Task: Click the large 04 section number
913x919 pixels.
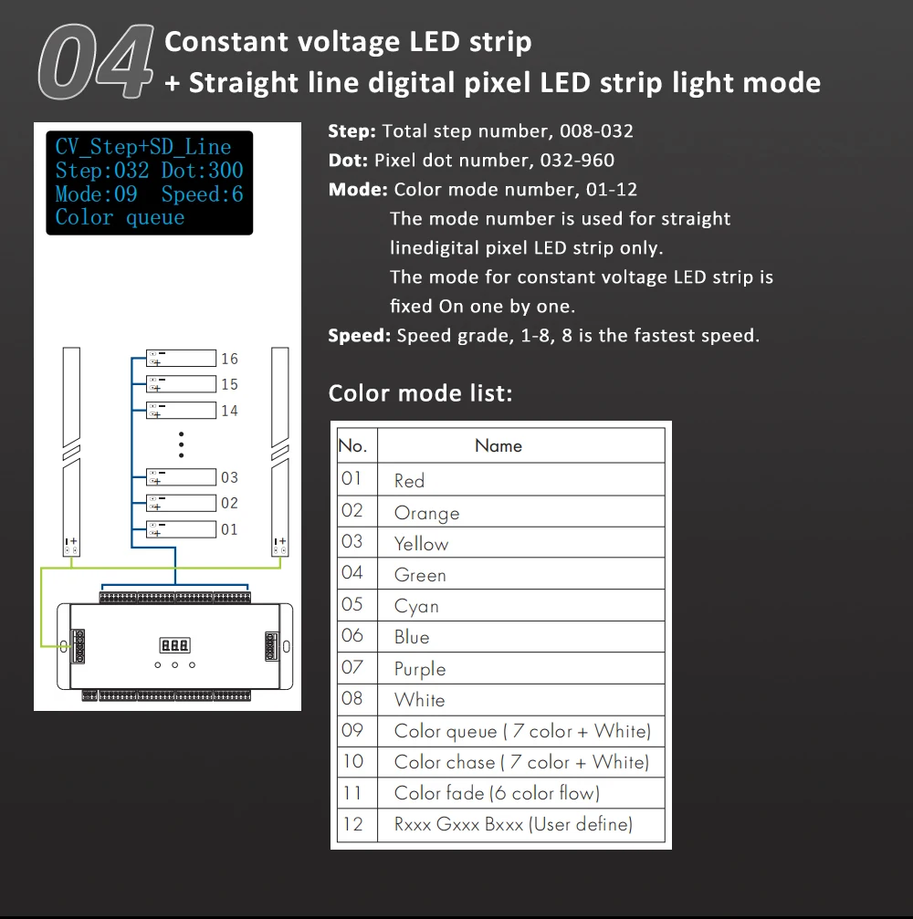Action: coord(94,62)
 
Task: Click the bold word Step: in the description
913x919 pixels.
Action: coord(352,131)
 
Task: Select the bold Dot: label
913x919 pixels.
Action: coord(349,161)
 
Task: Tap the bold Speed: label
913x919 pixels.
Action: coord(360,336)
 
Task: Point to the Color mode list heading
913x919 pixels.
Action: coord(420,393)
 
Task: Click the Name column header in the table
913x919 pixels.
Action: coord(498,446)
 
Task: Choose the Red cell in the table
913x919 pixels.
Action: coord(409,481)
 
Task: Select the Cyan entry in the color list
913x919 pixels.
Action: coord(416,606)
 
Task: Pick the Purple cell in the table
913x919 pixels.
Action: coord(420,669)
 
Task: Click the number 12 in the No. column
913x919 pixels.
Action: coord(352,824)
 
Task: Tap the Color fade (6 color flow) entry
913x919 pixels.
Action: coord(497,793)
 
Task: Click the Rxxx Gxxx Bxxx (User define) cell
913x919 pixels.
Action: coord(513,824)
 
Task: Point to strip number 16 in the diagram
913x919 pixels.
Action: coord(229,359)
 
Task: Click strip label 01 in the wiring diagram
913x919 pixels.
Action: coord(229,529)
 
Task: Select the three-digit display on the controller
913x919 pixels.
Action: coord(174,645)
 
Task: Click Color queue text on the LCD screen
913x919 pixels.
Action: coord(120,217)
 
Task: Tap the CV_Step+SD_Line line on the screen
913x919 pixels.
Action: coord(143,147)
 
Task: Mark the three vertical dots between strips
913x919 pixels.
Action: coord(182,444)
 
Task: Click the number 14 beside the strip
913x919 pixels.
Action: coord(229,411)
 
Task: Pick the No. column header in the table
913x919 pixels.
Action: coord(352,446)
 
